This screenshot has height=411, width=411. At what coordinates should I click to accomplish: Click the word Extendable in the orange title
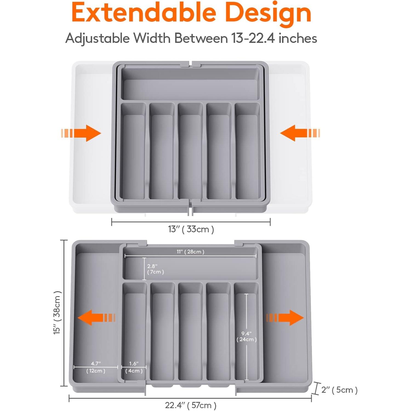pos(144,13)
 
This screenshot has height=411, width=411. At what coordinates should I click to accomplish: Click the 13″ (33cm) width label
pos(191,229)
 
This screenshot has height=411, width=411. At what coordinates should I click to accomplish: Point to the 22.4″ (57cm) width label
pos(191,405)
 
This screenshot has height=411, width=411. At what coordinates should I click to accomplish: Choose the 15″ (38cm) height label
pos(57,313)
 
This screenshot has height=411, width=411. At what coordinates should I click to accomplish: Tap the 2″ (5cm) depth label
pos(339,390)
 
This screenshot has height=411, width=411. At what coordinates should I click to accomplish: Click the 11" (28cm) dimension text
pos(190,252)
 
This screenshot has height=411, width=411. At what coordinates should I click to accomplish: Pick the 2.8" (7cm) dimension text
pos(156,269)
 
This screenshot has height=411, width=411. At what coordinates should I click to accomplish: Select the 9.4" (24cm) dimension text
pos(247,336)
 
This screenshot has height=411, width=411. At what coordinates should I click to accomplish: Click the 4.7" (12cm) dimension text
pos(96,367)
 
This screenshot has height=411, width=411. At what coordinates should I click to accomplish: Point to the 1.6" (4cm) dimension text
pos(134,367)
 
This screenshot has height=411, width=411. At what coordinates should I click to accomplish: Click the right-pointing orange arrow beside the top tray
pos(81,133)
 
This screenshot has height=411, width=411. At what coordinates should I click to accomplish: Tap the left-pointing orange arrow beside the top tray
pos(300,133)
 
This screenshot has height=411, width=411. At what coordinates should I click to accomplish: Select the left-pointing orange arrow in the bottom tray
pos(96,318)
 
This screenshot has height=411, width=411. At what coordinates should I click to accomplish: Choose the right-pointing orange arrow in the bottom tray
pos(285,318)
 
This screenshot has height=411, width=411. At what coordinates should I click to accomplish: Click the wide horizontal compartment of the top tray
pos(190,84)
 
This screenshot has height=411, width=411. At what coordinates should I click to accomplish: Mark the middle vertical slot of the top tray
pos(190,151)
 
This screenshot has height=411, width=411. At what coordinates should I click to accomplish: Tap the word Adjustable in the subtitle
pos(97,38)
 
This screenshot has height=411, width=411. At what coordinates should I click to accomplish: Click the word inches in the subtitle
pos(298,38)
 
